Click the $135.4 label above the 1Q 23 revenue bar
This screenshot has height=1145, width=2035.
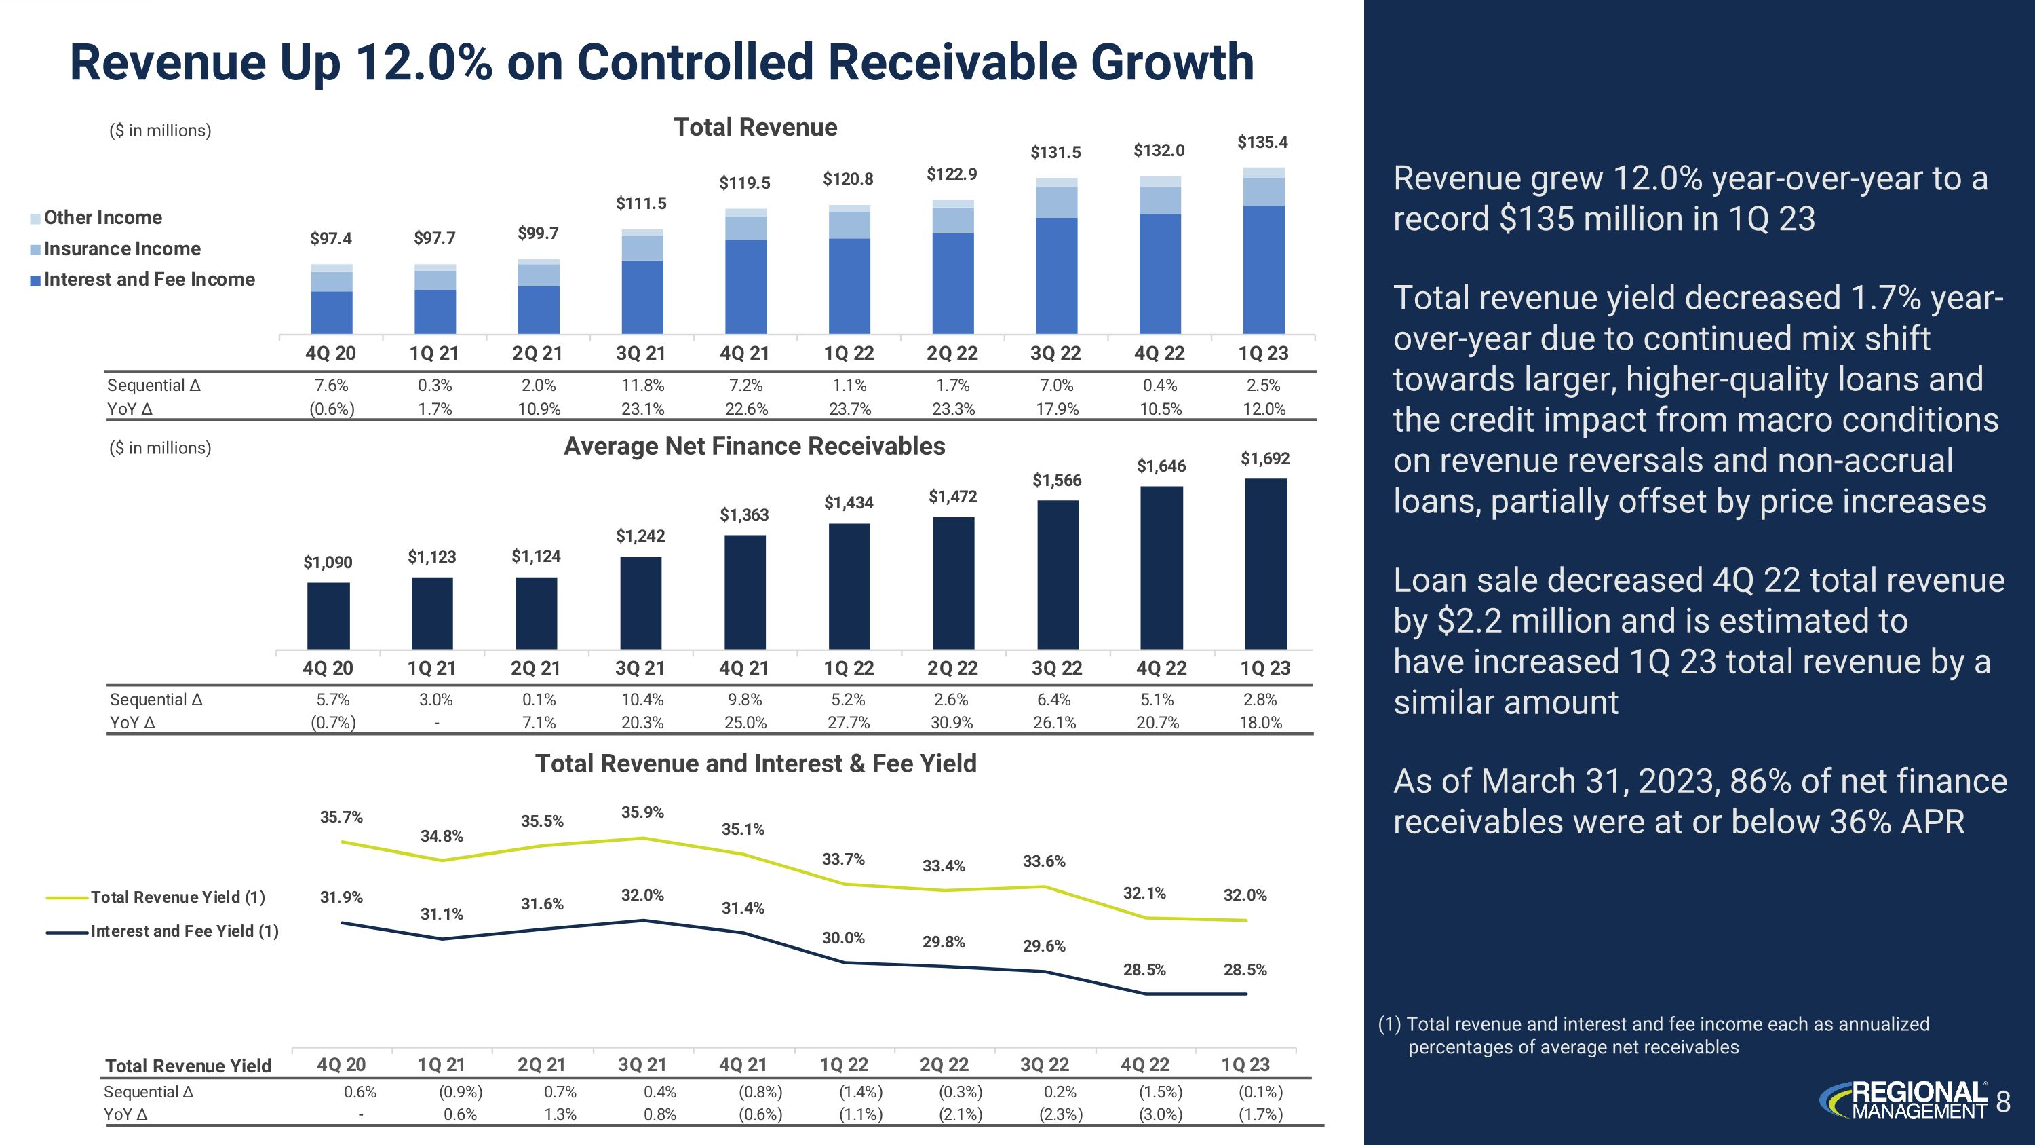click(1262, 143)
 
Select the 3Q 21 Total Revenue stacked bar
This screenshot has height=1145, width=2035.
click(642, 281)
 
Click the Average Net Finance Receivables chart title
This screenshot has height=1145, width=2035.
click(754, 447)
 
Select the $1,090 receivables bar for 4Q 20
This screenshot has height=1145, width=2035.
click(328, 616)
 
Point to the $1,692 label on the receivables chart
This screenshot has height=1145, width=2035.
click(1265, 458)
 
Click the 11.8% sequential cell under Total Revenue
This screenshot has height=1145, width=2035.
click(642, 386)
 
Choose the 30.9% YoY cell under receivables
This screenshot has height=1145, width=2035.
click(952, 722)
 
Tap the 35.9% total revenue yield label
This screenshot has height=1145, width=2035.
click(642, 812)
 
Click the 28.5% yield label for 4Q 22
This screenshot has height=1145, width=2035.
click(1144, 970)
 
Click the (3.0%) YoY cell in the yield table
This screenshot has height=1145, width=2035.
click(1161, 1114)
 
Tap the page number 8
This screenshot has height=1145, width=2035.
click(2003, 1101)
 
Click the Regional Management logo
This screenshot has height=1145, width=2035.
click(1904, 1101)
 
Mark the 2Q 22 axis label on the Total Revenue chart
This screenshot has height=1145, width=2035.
click(952, 353)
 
